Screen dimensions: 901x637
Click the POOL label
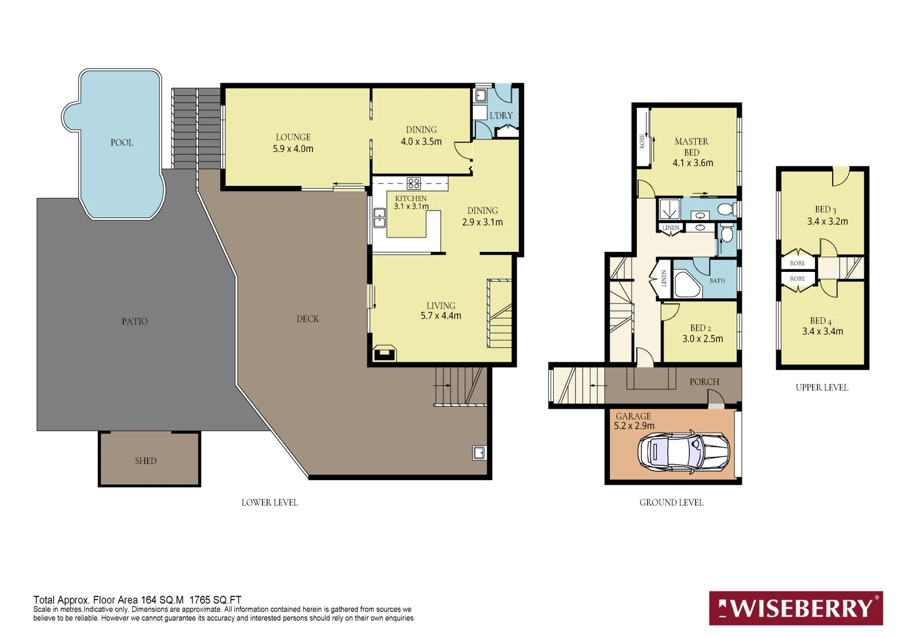click(x=122, y=143)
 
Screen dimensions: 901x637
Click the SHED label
click(x=146, y=461)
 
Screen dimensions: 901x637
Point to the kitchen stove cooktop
click(x=413, y=183)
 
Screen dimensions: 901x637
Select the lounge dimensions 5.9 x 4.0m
click(x=293, y=149)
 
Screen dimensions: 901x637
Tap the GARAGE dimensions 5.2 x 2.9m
click(x=634, y=425)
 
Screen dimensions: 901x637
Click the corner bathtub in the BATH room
click(x=688, y=284)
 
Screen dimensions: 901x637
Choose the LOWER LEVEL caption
click(x=269, y=502)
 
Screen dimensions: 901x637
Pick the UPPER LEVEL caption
click(x=822, y=388)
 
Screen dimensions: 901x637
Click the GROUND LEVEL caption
click(x=671, y=502)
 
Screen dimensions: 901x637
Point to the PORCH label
click(x=704, y=382)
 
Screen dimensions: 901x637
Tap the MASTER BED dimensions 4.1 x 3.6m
click(x=693, y=163)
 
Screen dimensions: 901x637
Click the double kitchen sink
click(x=379, y=218)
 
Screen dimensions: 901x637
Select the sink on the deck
click(x=479, y=453)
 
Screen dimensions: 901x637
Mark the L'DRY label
click(x=501, y=116)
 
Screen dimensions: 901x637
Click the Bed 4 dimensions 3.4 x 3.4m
click(x=823, y=331)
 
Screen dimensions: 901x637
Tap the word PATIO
click(x=135, y=321)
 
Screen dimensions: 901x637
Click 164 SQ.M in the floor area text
click(x=162, y=600)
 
